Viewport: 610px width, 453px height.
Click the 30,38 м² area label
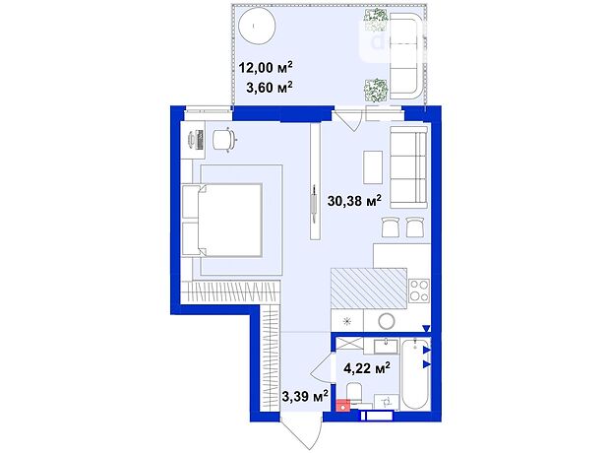click(354, 201)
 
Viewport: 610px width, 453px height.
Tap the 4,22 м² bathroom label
click(367, 367)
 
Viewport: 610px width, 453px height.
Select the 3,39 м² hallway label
click(305, 396)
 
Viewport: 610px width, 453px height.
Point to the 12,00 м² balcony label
click(266, 67)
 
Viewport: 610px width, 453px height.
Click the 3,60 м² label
click(270, 88)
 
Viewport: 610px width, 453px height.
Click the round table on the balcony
click(257, 27)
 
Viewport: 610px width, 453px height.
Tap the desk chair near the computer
click(224, 139)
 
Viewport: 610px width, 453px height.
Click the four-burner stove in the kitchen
click(419, 291)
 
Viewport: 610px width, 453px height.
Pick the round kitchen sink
click(387, 321)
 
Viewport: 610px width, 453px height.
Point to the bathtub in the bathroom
click(415, 374)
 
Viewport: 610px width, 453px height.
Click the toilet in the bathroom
click(354, 394)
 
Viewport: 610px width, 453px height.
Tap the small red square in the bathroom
click(343, 406)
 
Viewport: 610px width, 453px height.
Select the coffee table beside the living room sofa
click(373, 167)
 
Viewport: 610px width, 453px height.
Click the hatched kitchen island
click(369, 289)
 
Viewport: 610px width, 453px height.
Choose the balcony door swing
click(347, 120)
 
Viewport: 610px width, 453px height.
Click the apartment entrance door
click(301, 430)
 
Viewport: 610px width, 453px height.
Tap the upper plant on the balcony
click(376, 20)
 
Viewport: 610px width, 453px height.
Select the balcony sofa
click(406, 56)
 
